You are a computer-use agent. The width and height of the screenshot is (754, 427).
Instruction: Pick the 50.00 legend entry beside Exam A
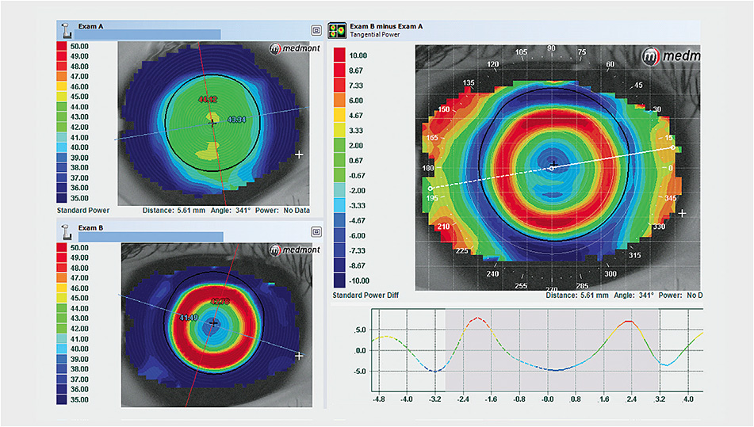click(78, 47)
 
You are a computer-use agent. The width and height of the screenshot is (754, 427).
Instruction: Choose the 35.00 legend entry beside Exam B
click(78, 401)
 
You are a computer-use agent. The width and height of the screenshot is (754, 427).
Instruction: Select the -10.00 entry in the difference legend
click(359, 280)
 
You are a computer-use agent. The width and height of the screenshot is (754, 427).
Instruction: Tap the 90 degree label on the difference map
click(552, 49)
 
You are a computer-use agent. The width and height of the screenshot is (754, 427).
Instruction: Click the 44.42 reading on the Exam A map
click(208, 100)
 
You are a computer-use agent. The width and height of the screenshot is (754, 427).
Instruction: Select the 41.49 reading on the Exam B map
click(189, 318)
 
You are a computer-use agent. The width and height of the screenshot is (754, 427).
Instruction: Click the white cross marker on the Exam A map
click(299, 154)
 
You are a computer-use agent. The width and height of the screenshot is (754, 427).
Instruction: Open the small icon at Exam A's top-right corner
click(316, 30)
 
